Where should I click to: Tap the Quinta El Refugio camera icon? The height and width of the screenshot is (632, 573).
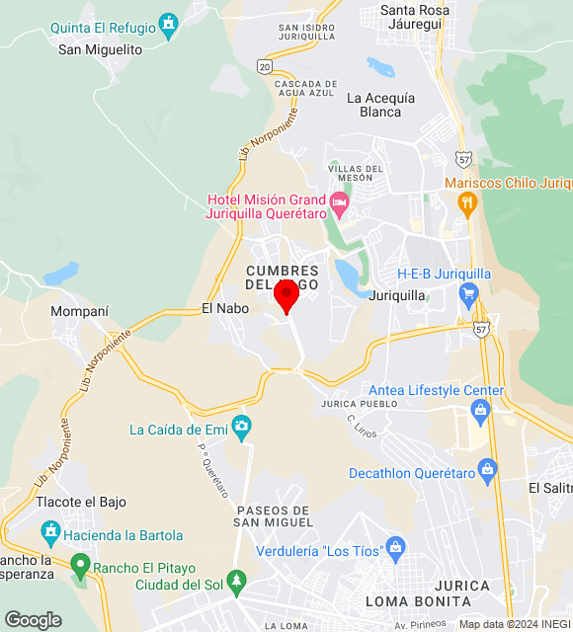pos(169,22)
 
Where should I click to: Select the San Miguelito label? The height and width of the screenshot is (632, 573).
pos(100,49)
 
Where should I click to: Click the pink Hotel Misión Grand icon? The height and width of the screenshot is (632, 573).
pos(340,204)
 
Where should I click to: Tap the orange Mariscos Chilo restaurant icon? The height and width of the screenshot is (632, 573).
pos(467,203)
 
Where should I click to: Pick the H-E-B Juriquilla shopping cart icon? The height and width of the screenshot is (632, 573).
pos(468,293)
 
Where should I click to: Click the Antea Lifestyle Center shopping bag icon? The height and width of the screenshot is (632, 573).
pos(480,410)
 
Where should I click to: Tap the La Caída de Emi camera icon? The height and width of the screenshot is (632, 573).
pos(241,428)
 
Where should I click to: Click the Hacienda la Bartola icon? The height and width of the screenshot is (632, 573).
pos(50,534)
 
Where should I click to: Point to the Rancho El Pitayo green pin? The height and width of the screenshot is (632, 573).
pos(81,566)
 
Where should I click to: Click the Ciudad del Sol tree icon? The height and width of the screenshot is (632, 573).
pos(235,580)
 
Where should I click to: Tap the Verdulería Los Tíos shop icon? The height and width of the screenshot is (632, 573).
pos(396,547)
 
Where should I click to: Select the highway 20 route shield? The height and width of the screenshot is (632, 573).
pos(263,65)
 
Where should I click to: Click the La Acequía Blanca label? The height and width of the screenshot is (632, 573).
pos(380,105)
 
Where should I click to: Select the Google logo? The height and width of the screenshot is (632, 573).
pos(33,619)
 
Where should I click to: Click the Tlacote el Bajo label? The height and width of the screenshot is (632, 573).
pos(81,502)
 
